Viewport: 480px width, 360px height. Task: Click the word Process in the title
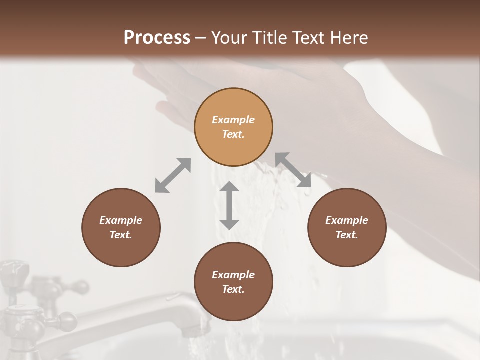pos(157,38)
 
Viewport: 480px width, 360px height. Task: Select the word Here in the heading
pos(348,38)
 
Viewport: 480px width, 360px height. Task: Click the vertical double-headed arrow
pos(229,205)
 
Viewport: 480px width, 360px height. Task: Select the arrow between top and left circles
pos(173,175)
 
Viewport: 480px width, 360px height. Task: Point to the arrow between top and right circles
pos(293,170)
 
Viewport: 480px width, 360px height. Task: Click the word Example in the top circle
pos(233,120)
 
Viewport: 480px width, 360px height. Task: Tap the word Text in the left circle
pos(121,235)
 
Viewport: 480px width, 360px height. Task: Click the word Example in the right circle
pos(347,220)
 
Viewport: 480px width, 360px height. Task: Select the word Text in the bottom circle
pos(233,289)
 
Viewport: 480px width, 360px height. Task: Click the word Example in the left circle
pos(121,220)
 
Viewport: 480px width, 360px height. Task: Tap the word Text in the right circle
pos(347,235)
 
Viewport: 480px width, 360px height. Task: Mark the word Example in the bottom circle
pos(233,275)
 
